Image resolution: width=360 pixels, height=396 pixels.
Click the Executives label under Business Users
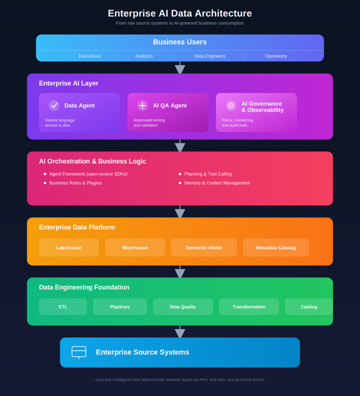(x=90, y=56)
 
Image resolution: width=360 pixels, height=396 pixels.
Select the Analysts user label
(x=144, y=56)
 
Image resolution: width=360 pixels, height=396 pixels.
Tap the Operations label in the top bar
(x=276, y=56)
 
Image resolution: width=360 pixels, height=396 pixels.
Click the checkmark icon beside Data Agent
(x=54, y=105)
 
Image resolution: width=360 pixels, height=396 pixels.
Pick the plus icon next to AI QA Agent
(x=142, y=105)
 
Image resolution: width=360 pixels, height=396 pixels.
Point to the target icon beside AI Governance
(x=231, y=106)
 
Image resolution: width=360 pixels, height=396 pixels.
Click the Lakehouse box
(x=69, y=247)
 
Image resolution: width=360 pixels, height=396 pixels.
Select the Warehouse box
(x=135, y=247)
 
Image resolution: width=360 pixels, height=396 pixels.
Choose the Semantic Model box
(x=204, y=247)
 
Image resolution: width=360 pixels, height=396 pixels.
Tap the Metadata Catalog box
(x=276, y=247)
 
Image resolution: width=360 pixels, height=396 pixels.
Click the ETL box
(x=63, y=307)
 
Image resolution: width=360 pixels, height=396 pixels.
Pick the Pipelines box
(x=120, y=307)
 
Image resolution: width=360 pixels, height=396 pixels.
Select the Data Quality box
(x=183, y=307)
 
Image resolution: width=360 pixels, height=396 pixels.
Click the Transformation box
(x=249, y=307)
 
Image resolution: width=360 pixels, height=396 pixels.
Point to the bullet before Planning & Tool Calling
(x=180, y=174)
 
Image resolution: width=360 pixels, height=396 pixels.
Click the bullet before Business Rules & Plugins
(x=45, y=183)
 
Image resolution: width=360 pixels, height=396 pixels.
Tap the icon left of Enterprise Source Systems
(x=79, y=352)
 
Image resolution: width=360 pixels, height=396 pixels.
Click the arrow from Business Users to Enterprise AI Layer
(x=180, y=68)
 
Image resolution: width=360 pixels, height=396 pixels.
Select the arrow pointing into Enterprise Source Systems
(x=180, y=331)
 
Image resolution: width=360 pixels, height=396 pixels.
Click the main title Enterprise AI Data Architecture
(x=180, y=14)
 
